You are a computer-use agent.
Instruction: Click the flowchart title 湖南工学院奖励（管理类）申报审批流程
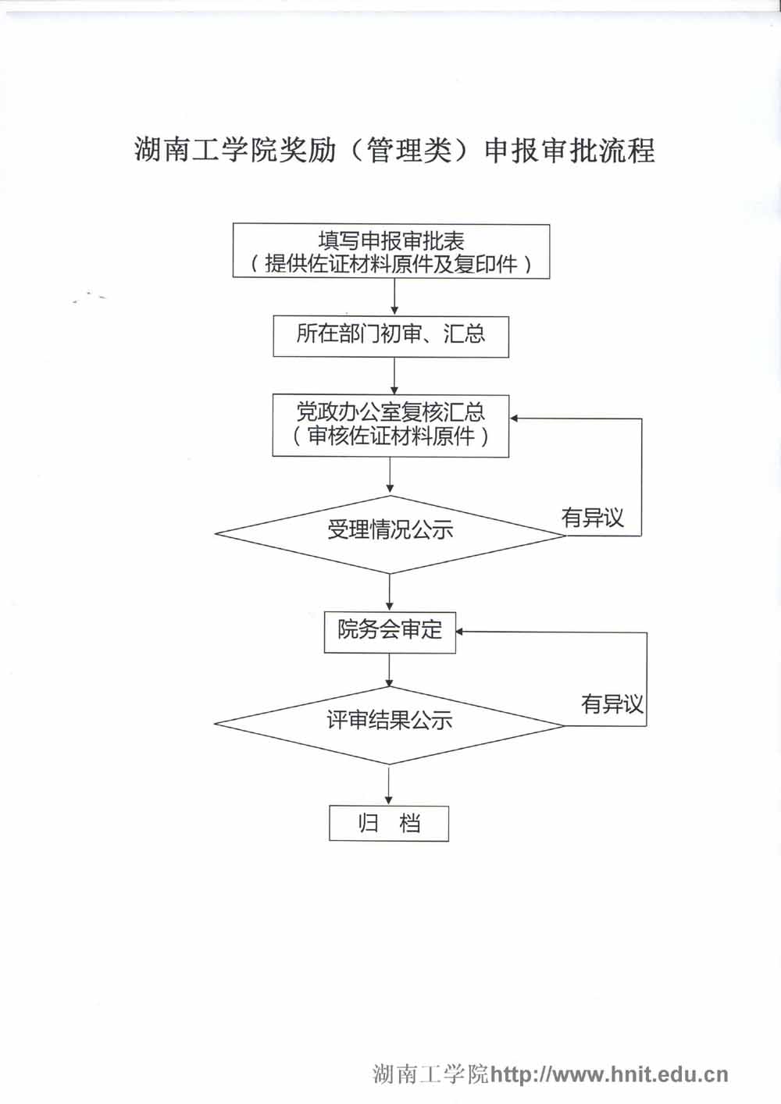click(394, 149)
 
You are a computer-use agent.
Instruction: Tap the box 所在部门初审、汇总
click(390, 336)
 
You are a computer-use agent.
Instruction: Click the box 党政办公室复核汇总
click(390, 412)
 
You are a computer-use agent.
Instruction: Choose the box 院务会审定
click(390, 632)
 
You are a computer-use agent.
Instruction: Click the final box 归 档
click(389, 824)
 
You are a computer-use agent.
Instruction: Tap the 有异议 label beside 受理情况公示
click(593, 518)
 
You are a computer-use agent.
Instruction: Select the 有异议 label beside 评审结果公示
click(612, 704)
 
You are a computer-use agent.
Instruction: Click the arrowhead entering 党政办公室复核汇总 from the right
click(515, 419)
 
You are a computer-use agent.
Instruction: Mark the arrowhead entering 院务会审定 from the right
click(461, 632)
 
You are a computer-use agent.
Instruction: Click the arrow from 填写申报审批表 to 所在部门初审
click(394, 297)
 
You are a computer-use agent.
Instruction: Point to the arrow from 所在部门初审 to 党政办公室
click(394, 376)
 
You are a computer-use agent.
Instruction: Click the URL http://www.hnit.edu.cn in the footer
click(609, 1075)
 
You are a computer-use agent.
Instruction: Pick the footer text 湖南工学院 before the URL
click(430, 1075)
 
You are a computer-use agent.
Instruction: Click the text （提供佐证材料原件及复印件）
click(391, 265)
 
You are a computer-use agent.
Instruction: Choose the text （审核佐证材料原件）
click(390, 436)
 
